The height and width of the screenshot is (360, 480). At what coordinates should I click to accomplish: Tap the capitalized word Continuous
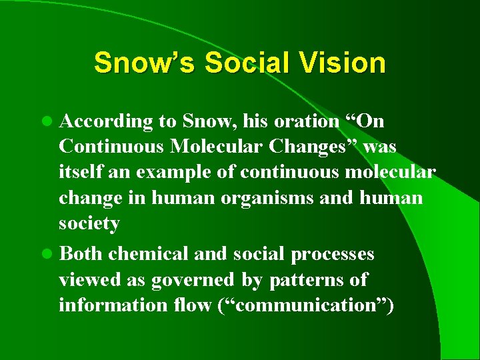[111, 147]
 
